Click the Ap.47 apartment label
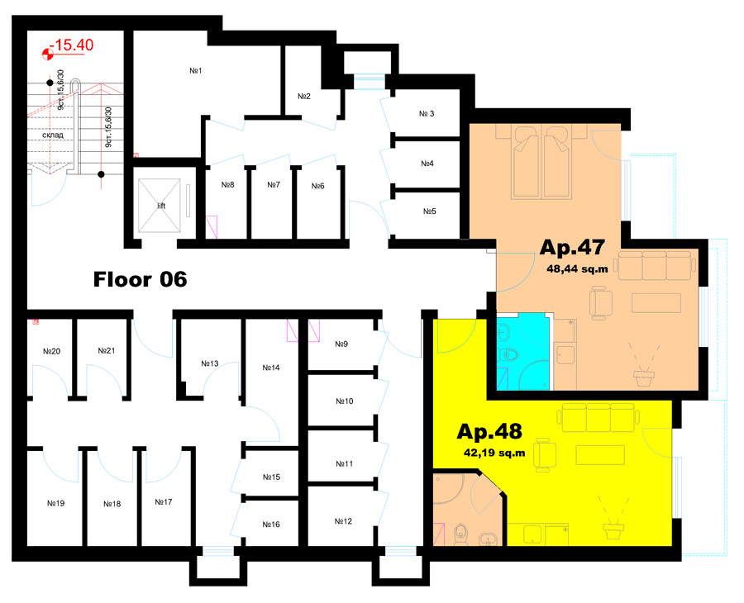point(572,248)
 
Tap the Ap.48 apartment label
point(489,432)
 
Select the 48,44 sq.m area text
point(577,268)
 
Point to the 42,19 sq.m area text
point(494,453)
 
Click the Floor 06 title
point(140,279)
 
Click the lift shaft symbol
point(160,205)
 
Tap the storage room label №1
point(196,71)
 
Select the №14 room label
point(271,368)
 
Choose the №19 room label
point(55,503)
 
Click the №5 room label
point(429,211)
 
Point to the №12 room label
point(343,521)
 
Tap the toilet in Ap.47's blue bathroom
point(508,354)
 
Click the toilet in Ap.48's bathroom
point(460,534)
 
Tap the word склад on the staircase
point(53,135)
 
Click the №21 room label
point(107,351)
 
